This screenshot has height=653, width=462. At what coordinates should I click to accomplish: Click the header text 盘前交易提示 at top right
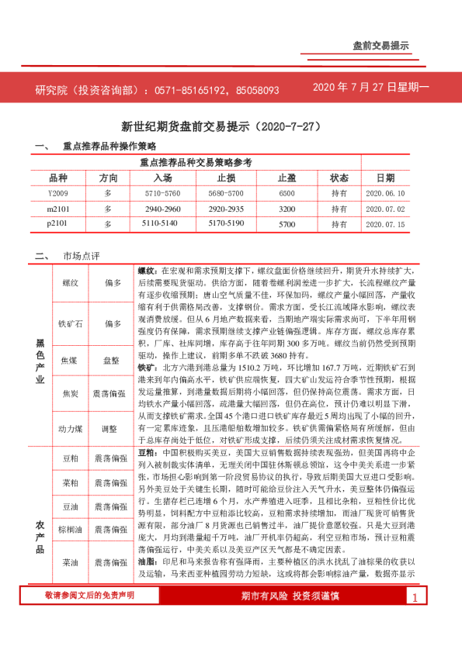(380, 47)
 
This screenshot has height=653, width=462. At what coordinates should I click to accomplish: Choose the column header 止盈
(287, 178)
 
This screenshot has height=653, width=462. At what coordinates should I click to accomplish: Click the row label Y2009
(58, 192)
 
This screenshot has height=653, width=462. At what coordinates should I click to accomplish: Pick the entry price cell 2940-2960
(162, 209)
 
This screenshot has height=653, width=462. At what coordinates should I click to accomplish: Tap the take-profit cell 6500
(287, 192)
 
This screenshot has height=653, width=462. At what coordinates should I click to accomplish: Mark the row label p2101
(58, 224)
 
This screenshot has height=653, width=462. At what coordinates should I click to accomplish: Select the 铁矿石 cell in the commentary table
(69, 323)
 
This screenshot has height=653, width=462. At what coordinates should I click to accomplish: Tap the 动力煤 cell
(69, 428)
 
